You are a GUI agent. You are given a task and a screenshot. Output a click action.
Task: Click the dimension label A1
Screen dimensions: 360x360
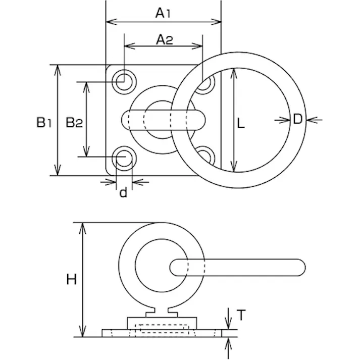(x=163, y=13)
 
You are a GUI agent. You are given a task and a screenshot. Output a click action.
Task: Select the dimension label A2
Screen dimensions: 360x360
(x=164, y=40)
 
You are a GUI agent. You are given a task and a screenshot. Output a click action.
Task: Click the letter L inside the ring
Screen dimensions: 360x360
(x=241, y=123)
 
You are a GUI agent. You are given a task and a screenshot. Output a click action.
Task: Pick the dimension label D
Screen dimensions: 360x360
(x=297, y=119)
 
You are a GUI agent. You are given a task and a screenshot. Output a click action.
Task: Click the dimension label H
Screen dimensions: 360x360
(x=71, y=279)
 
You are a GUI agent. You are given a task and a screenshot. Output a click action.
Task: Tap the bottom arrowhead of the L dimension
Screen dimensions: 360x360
(x=233, y=168)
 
